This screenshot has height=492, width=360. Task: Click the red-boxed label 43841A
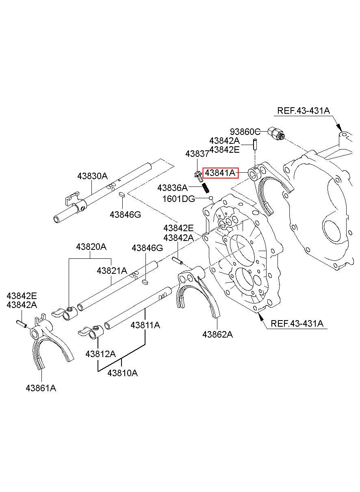tap(220, 173)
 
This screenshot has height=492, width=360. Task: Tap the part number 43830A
tap(93, 176)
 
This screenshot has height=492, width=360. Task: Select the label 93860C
tap(245, 132)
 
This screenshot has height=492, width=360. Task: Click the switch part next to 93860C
tap(276, 133)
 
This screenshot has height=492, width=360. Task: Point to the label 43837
tap(197, 154)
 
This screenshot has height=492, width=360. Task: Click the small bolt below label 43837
tap(198, 176)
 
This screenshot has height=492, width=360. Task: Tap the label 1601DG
tap(178, 199)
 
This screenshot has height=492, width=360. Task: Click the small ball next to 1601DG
tap(211, 198)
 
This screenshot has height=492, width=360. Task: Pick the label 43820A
tap(91, 247)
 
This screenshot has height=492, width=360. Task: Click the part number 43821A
tap(112, 271)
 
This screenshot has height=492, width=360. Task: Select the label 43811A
tap(145, 325)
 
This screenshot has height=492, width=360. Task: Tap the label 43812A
tap(101, 354)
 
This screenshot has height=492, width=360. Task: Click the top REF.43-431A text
tap(304, 111)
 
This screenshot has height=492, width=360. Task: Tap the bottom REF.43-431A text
tap(297, 323)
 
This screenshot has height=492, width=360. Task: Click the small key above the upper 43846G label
tap(122, 194)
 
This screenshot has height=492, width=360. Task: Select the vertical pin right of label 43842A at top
tap(255, 144)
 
